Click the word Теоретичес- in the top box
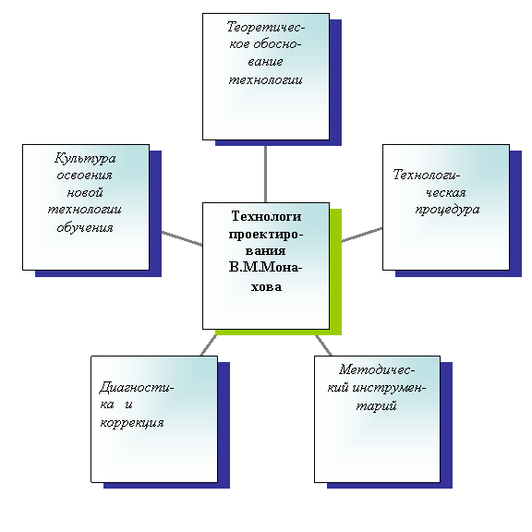266,27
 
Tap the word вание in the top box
265,62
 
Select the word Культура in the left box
85,159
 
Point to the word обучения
85,227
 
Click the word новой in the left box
85,192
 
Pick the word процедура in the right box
447,210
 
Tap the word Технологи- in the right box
427,175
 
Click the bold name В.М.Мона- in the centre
265,268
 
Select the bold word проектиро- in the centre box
266,235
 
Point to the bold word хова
266,287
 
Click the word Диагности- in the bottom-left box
137,388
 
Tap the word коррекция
132,423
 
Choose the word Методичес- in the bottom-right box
377,369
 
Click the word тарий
376,405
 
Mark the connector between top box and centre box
265,174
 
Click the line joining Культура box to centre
182,238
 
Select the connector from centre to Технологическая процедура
362,235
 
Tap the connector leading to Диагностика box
209,345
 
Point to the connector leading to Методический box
323,345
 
